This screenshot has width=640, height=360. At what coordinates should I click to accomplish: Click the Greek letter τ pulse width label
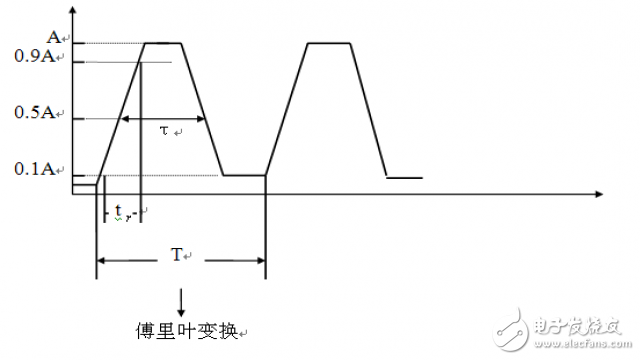click(165, 130)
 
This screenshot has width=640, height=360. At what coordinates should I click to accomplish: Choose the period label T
click(176, 254)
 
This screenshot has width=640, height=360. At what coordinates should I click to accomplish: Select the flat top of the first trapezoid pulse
click(164, 43)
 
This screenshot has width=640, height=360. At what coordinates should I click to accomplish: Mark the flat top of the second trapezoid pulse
click(329, 43)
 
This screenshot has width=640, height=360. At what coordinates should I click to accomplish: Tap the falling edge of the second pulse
click(369, 110)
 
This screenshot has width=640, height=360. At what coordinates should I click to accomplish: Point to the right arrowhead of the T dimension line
click(260, 262)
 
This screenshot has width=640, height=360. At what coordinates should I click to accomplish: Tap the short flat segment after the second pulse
click(404, 178)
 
